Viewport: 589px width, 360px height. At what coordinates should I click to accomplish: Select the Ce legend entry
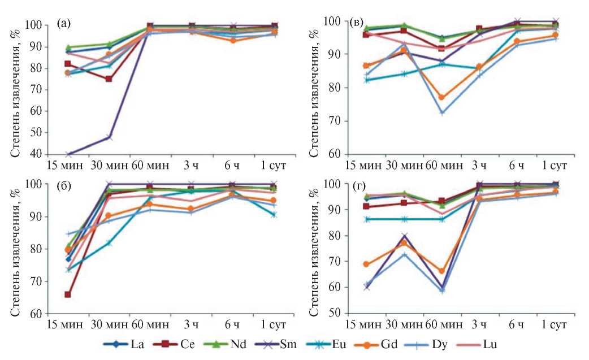click(x=183, y=344)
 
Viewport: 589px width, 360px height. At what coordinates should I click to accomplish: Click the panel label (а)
click(x=63, y=24)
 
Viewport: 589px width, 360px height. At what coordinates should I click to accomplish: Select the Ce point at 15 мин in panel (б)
click(x=68, y=294)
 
